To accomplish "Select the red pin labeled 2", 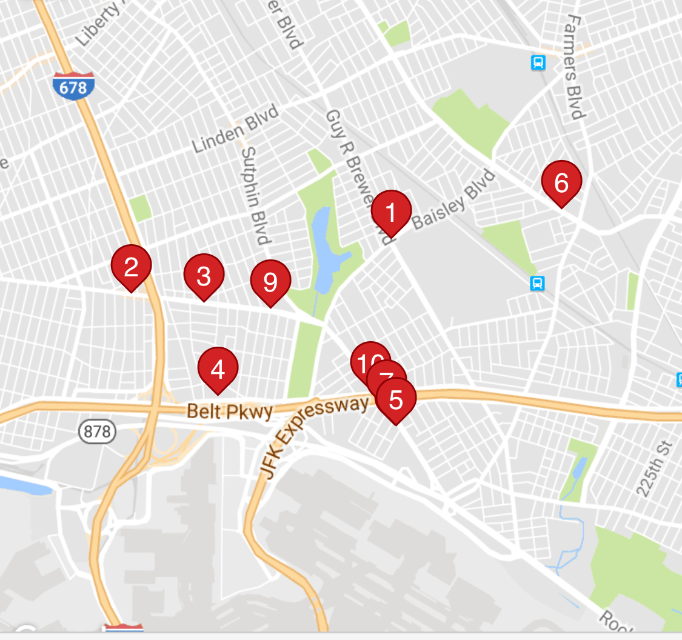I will click(131, 265).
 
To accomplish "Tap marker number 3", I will click(204, 275).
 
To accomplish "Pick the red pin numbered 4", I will click(218, 368).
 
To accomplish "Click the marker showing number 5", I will click(396, 399).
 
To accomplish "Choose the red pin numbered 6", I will click(561, 182).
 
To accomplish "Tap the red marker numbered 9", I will click(270, 281).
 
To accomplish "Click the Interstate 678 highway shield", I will click(73, 86).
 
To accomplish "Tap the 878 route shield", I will click(98, 432).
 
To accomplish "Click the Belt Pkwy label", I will click(229, 411).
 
